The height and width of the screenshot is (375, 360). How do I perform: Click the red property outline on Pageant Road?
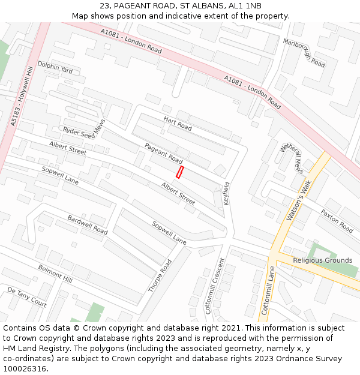(x=179, y=172)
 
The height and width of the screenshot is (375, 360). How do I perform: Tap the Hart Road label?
(x=178, y=124)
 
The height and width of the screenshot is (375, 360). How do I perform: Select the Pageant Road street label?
(x=163, y=153)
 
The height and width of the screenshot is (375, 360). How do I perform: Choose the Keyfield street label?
(x=227, y=193)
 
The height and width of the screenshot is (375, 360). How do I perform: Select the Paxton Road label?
(x=337, y=221)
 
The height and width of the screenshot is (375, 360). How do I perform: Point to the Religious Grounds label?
(x=322, y=260)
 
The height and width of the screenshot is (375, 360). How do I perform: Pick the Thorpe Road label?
(x=160, y=275)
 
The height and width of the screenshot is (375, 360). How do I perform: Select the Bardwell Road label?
(x=88, y=224)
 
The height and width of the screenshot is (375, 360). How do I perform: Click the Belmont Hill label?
(x=55, y=274)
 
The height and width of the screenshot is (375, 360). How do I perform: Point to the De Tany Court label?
(x=26, y=297)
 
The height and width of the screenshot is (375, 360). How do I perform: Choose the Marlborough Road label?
(x=304, y=52)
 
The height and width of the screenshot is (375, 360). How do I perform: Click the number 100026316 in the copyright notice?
(x=26, y=369)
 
